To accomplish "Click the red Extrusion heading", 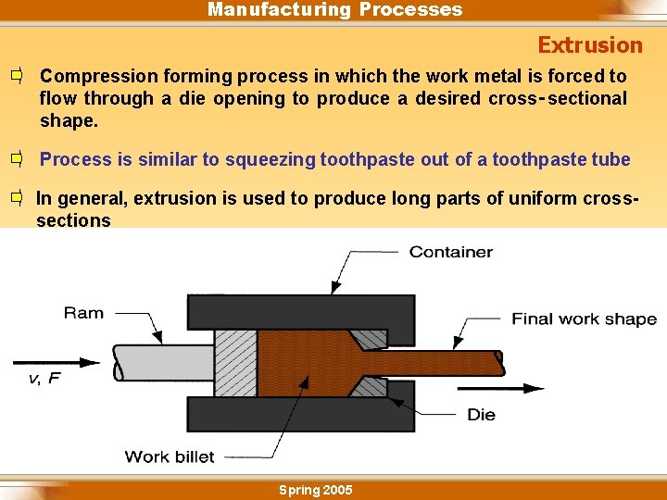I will [589, 44].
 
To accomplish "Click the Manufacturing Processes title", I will [334, 9].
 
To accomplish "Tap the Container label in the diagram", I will [450, 252].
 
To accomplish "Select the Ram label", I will [83, 313].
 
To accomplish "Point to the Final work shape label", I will [584, 319].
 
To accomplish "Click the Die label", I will [481, 414].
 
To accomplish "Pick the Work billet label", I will [170, 456].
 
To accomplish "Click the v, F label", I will [43, 379].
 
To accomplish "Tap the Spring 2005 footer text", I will [315, 490].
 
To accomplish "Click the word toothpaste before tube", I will [540, 159].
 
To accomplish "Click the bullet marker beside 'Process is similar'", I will [17, 159].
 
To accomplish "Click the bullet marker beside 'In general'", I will [17, 198].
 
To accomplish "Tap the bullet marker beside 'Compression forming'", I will [17, 76].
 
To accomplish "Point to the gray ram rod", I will [162, 363].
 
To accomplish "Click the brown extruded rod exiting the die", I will [445, 362].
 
